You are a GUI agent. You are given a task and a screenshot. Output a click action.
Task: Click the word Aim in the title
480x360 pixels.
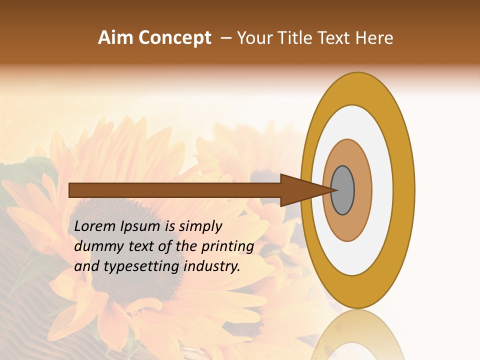[x=115, y=38]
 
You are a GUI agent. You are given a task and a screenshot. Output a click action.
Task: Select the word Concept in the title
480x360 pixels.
[x=174, y=38]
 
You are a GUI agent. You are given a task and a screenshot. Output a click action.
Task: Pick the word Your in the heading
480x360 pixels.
[x=254, y=38]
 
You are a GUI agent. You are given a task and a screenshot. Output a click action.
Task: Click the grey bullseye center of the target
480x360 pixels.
[x=342, y=190]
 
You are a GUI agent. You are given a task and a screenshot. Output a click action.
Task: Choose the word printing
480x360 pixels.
[x=227, y=247]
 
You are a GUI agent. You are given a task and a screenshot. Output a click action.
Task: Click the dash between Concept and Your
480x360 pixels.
[x=226, y=38]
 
